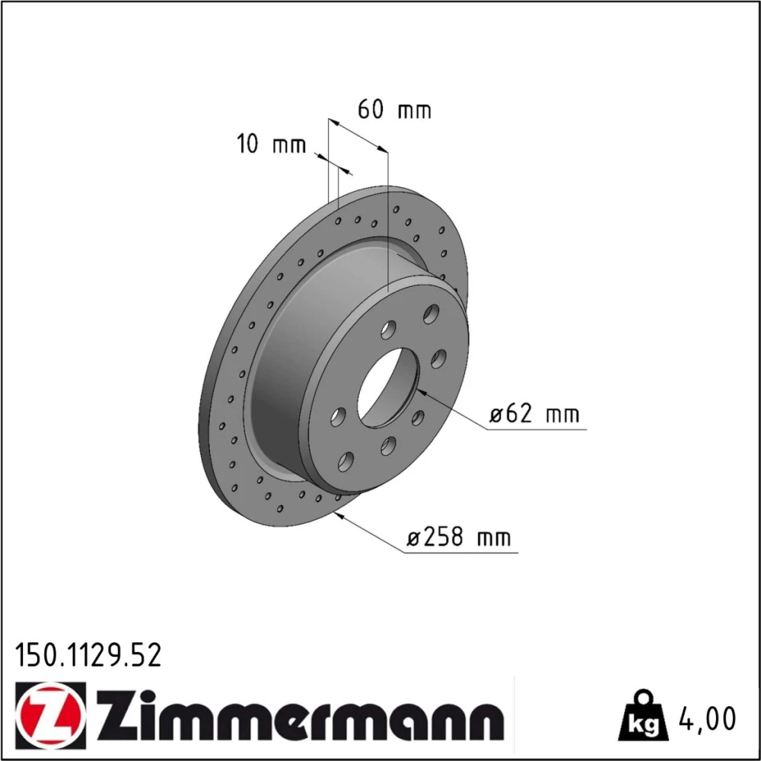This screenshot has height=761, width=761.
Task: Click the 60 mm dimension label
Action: [394, 110]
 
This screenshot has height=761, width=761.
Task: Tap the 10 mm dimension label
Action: [272, 144]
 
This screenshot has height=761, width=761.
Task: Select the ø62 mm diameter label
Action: [534, 414]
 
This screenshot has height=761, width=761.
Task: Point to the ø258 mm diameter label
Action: [459, 537]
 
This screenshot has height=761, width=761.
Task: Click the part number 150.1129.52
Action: [88, 655]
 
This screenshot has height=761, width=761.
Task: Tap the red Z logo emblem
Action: [50, 715]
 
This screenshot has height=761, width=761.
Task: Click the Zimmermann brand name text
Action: [300, 715]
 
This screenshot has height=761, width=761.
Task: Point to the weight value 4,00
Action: [707, 719]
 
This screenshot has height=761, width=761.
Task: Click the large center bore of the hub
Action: [388, 388]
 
